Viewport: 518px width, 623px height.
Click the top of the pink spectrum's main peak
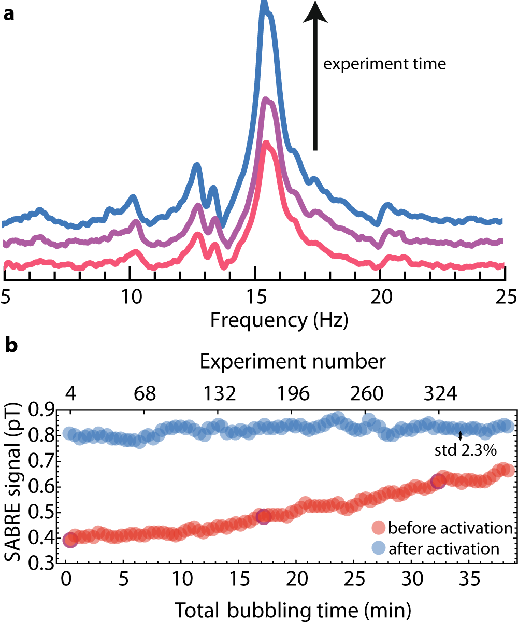click(x=266, y=145)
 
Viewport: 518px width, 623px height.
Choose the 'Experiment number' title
click(x=293, y=361)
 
